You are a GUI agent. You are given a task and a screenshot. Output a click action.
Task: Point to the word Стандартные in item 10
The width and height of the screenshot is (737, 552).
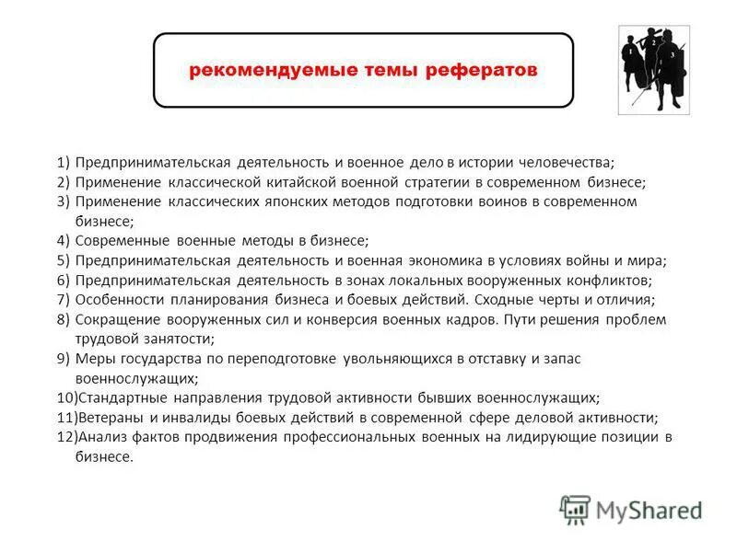[x=118, y=397]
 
